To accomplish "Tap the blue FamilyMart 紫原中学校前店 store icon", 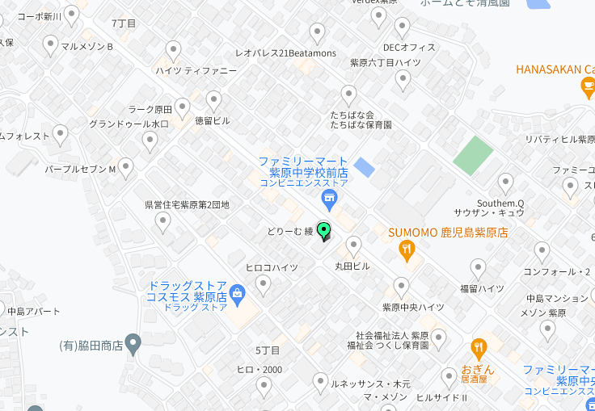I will [x=328, y=199].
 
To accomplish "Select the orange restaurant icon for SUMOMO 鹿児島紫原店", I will [x=407, y=250].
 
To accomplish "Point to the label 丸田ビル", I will [x=352, y=266].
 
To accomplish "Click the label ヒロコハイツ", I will [x=272, y=267].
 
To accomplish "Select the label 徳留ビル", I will [x=213, y=121].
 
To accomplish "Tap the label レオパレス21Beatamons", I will [x=285, y=53].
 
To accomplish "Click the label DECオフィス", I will [x=409, y=48].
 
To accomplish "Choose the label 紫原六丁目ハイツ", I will [x=385, y=62].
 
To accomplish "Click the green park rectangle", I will [x=473, y=156].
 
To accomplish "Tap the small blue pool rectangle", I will [x=365, y=168].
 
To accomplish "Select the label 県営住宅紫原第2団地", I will [x=187, y=205].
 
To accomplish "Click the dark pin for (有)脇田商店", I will [x=133, y=344].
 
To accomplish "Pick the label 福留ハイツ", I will [x=482, y=288].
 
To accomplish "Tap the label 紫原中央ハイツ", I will [x=413, y=308].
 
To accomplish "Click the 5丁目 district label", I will [x=268, y=350].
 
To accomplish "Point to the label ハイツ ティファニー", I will [x=196, y=71].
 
